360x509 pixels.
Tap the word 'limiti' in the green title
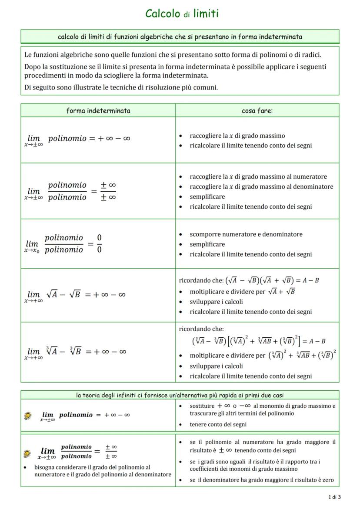(x=206, y=13)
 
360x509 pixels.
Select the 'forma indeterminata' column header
(x=98, y=110)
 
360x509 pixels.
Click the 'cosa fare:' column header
(x=257, y=110)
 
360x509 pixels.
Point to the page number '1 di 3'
(x=334, y=497)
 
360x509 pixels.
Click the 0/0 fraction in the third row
(x=99, y=243)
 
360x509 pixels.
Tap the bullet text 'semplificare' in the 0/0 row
(x=207, y=244)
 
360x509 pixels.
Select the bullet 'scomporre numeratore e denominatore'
(x=246, y=234)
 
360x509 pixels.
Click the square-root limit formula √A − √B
(x=63, y=295)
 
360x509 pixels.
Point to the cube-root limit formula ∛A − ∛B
(x=63, y=352)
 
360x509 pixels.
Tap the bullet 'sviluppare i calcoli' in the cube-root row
(x=216, y=366)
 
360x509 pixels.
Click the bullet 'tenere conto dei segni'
(x=218, y=424)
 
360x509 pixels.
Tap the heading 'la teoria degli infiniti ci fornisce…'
(x=180, y=395)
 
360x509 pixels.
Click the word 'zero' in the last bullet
(x=328, y=480)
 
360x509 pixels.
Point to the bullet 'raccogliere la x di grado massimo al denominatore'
(x=261, y=186)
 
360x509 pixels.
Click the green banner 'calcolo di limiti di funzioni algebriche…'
(x=180, y=37)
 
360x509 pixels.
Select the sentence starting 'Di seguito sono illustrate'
(x=121, y=87)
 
